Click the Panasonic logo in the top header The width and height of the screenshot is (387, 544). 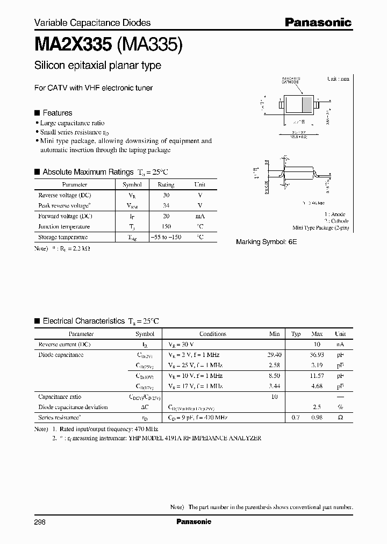318,22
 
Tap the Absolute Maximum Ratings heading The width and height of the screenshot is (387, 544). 88,172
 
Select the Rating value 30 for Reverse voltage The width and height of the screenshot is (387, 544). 166,196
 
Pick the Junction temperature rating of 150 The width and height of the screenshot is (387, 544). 166,226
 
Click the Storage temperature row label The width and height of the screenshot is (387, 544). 63,237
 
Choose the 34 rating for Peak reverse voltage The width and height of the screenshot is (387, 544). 166,206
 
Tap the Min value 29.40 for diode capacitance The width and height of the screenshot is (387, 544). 274,355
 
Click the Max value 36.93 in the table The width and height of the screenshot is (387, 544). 317,355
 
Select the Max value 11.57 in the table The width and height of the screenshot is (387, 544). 317,376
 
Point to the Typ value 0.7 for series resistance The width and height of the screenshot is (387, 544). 295,418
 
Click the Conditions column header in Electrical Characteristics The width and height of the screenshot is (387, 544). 212,334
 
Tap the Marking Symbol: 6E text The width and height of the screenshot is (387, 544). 266,242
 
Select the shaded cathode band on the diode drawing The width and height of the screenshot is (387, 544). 306,104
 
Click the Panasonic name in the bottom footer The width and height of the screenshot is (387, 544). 193,521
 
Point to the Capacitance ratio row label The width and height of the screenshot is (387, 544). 59,397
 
